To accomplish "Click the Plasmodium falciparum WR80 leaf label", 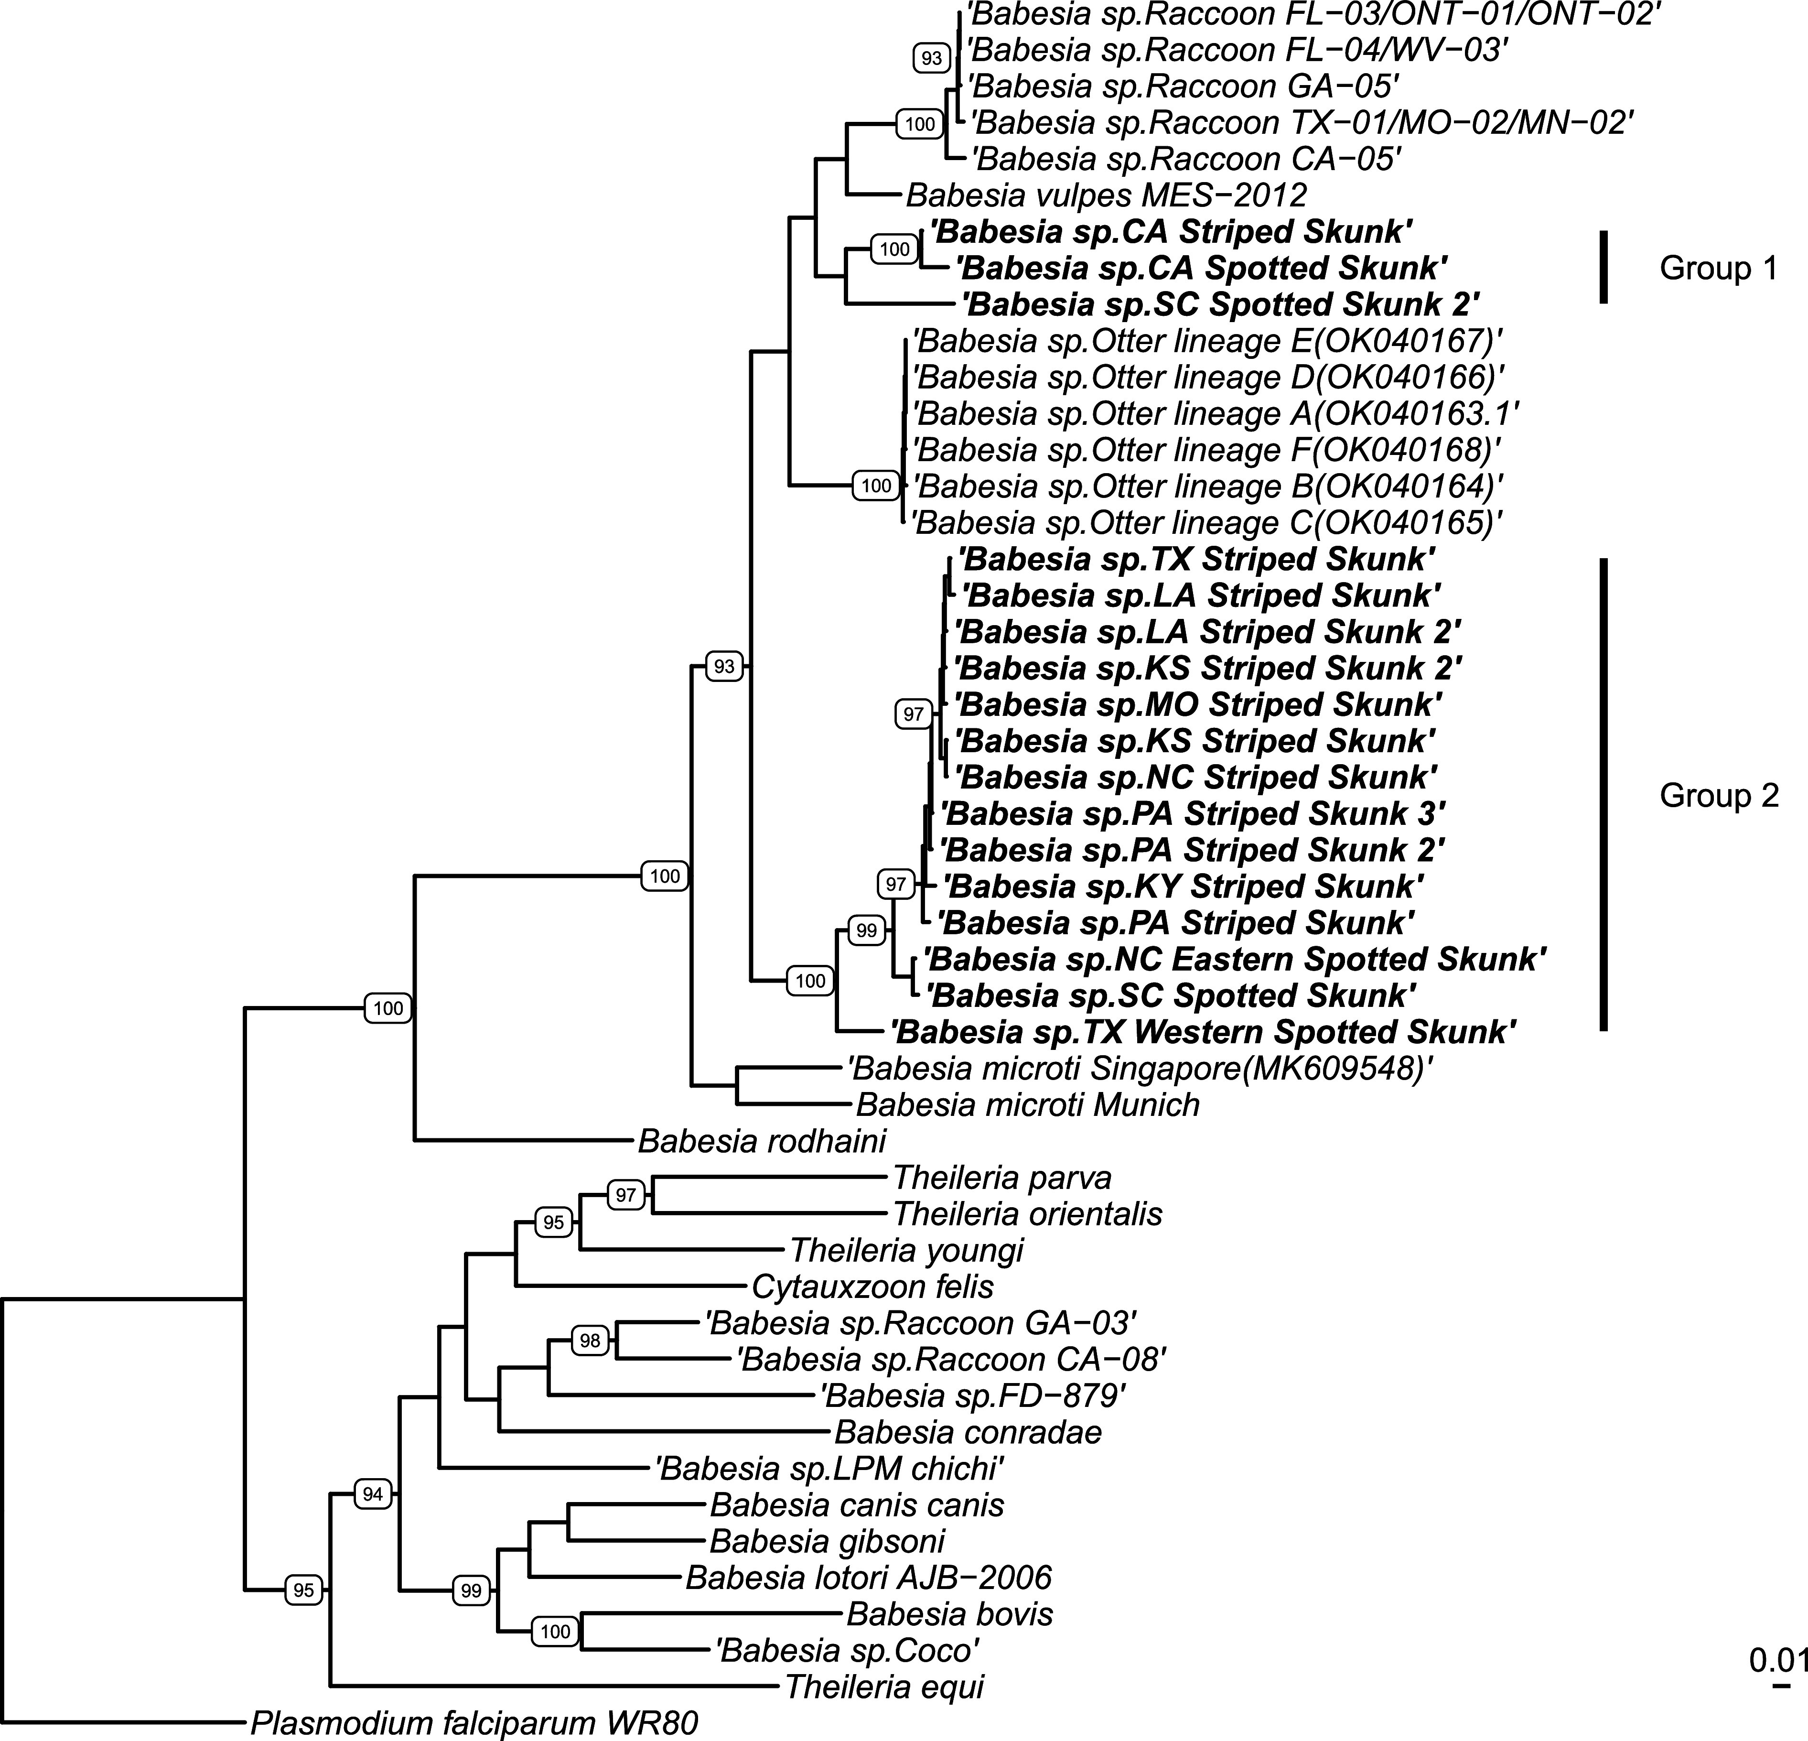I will coord(474,1721).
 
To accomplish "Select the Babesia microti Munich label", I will coord(1028,1104).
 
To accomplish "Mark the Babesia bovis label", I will coord(949,1614).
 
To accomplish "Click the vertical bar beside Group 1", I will coord(1604,268).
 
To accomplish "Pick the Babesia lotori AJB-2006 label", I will coord(868,1577).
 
